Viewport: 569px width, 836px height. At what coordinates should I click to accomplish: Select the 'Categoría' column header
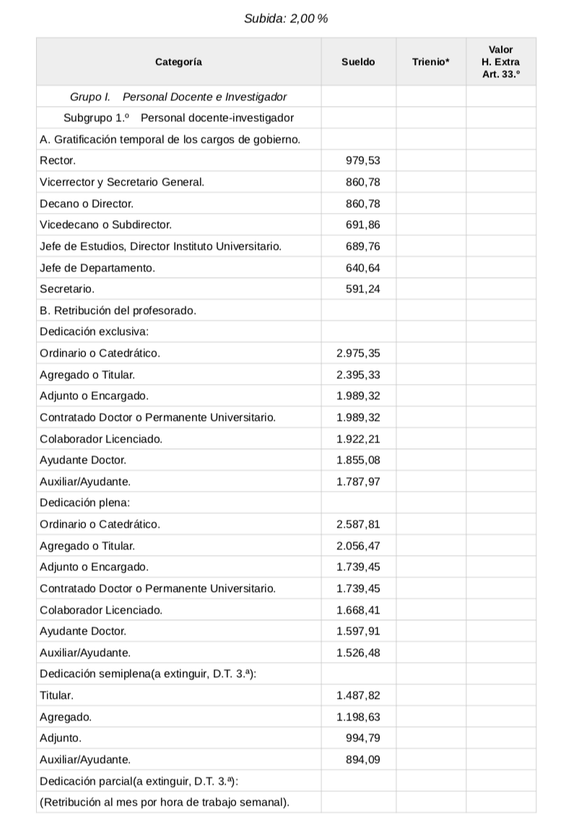[x=178, y=62]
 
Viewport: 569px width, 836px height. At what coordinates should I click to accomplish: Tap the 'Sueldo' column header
[x=358, y=62]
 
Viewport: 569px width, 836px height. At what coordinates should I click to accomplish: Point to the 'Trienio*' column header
[x=430, y=62]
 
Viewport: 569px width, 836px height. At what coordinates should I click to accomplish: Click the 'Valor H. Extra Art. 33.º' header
[x=500, y=62]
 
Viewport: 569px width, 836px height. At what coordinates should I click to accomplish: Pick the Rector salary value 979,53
[x=363, y=160]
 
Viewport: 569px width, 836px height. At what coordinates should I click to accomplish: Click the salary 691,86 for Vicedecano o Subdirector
[x=363, y=225]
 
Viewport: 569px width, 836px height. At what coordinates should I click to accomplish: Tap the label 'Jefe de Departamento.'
[x=97, y=268]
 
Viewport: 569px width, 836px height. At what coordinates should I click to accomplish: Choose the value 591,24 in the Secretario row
[x=363, y=289]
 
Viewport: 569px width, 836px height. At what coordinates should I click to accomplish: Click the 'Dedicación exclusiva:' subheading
[x=94, y=332]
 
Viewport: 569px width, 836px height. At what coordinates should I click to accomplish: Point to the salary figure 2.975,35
[x=358, y=353]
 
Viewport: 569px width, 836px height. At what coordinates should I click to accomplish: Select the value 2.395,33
[x=358, y=375]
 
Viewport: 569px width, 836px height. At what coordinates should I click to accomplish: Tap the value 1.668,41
[x=358, y=610]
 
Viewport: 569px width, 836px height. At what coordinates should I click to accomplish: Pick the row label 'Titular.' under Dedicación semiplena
[x=56, y=696]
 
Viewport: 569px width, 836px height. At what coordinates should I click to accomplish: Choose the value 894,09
[x=363, y=759]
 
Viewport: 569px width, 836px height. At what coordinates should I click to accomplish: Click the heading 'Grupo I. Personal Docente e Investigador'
[x=178, y=97]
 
